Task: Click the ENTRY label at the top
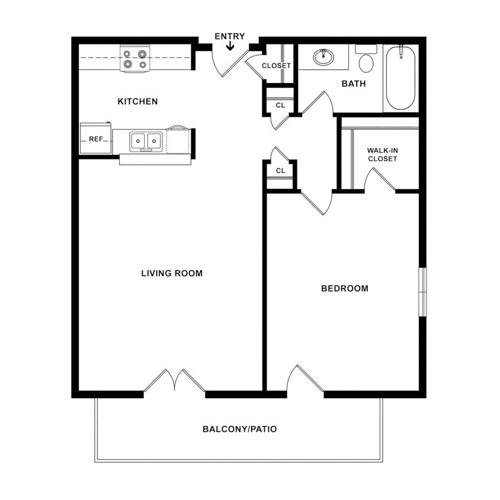coord(229,36)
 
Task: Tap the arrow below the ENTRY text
coord(230,46)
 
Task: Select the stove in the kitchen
coord(134,59)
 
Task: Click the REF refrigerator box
coord(95,139)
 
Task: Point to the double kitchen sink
coord(146,141)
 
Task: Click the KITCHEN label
coord(137,101)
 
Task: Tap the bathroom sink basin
coord(323,57)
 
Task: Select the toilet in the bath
coord(366,60)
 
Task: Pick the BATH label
coord(354,84)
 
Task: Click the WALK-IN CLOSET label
coord(382,155)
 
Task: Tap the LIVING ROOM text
coord(172,273)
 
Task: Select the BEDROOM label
coord(344,289)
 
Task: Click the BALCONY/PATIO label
coord(239,429)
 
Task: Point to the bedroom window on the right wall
coord(422,292)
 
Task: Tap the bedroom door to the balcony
coord(305,379)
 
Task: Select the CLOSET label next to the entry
coord(276,66)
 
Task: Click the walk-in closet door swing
coord(379,180)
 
